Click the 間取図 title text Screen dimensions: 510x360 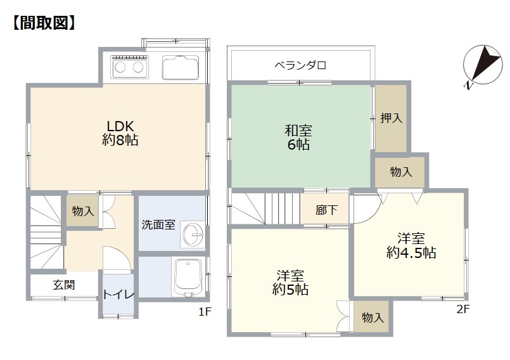(x=44, y=23)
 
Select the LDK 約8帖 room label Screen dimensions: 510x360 (x=120, y=133)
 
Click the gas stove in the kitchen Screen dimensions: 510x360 (x=129, y=67)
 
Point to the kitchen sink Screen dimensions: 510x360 (x=181, y=67)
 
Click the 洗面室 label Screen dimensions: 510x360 (x=158, y=224)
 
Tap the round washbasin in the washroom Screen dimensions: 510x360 (x=193, y=235)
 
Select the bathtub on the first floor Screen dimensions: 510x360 (x=188, y=277)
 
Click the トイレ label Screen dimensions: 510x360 (x=118, y=295)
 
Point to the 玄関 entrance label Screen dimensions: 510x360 (x=64, y=285)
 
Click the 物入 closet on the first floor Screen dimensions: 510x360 (x=82, y=211)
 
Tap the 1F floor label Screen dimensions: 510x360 (x=205, y=312)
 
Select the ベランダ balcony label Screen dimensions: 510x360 (x=300, y=65)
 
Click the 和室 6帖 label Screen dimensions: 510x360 (x=298, y=138)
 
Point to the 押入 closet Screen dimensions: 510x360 (x=392, y=118)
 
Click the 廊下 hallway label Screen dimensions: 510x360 (x=326, y=210)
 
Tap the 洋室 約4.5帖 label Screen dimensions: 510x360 (x=411, y=245)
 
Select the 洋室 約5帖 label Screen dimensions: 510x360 (x=290, y=283)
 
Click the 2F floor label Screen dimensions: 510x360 (x=463, y=309)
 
